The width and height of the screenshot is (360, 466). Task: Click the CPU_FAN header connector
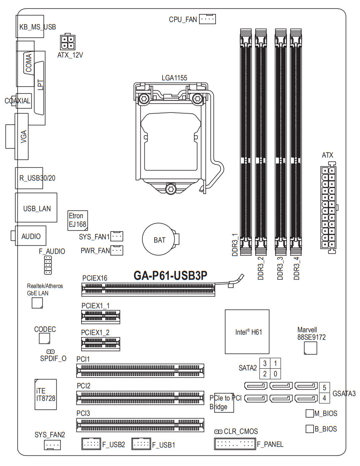tap(207, 19)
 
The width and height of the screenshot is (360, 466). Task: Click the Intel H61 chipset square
tap(247, 332)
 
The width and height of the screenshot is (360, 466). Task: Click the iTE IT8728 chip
tap(46, 394)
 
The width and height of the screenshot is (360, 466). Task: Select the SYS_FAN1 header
tap(117, 237)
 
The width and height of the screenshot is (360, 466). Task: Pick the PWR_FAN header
tap(117, 250)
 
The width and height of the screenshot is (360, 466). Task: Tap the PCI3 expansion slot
tap(140, 424)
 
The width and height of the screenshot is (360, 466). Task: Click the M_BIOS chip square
tap(309, 413)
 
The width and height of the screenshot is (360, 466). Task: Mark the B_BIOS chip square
tap(309, 429)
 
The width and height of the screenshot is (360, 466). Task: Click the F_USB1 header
tap(141, 444)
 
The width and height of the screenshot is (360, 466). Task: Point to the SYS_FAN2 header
tap(52, 445)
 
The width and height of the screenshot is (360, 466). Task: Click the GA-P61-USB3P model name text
tap(170, 276)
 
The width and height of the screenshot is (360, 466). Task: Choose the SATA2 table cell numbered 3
tap(265, 363)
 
